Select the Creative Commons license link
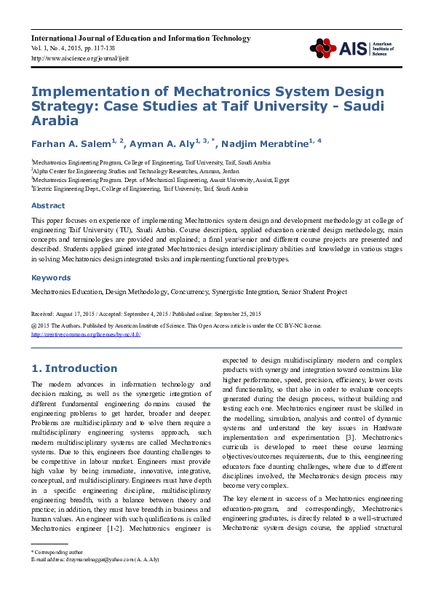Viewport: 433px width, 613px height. [x=85, y=334]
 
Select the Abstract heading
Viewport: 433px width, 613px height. [x=48, y=205]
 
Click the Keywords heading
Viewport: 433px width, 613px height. [x=50, y=277]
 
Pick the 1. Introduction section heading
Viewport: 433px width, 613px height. [x=74, y=368]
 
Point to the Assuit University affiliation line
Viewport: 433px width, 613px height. [x=160, y=180]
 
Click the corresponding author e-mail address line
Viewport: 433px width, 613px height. [x=95, y=559]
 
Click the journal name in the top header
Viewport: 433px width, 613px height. [x=140, y=38]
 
